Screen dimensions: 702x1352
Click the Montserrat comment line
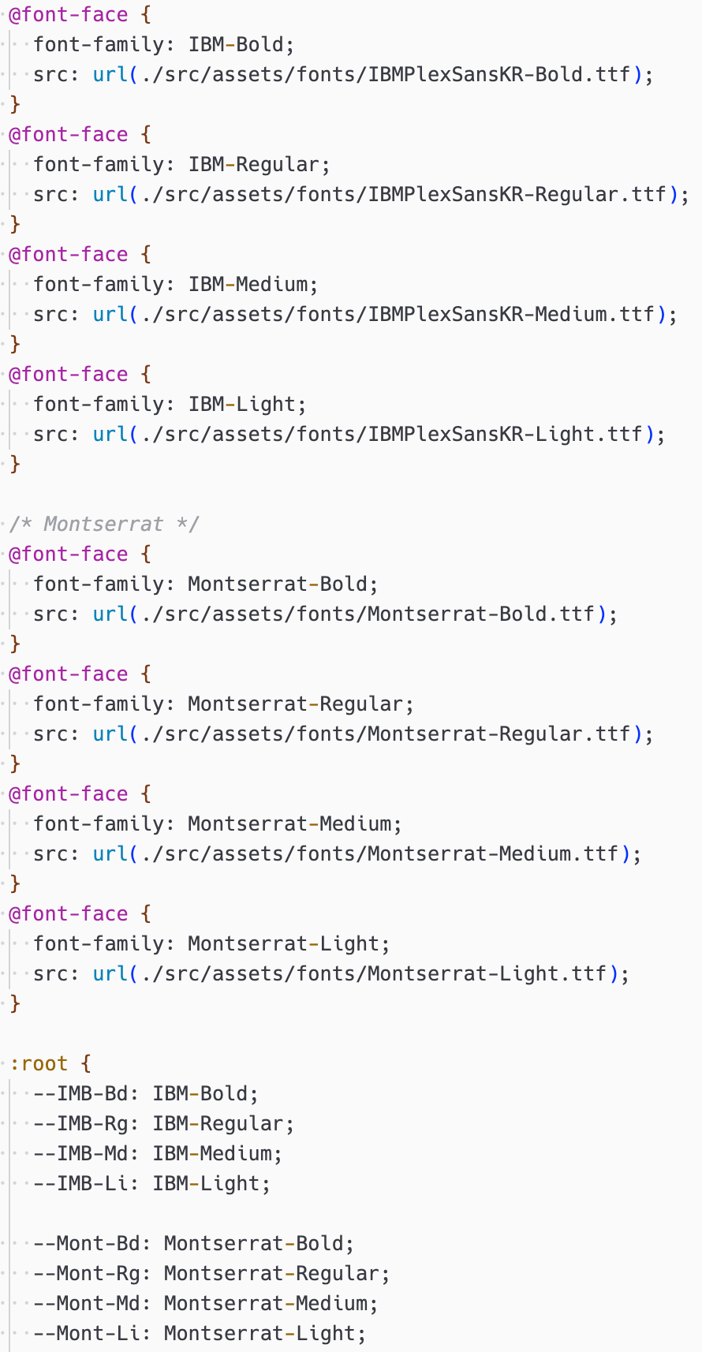103,524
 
